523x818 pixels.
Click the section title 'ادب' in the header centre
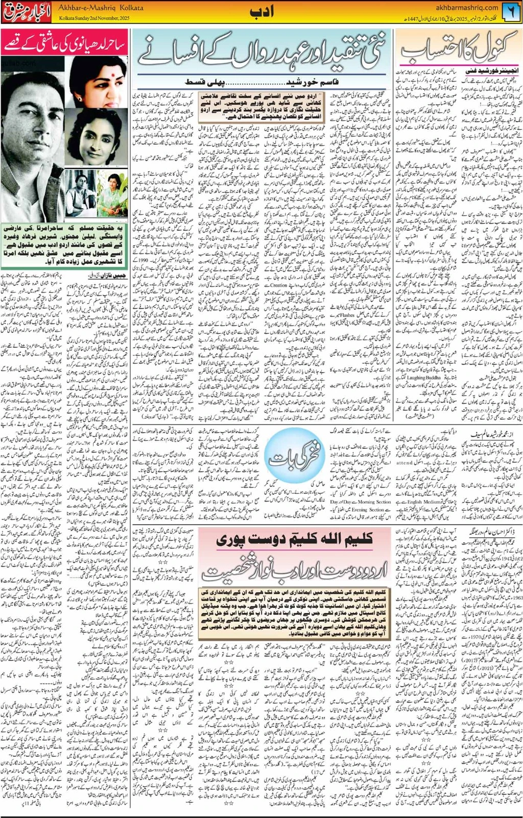(x=262, y=11)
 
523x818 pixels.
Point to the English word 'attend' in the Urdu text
(x=405, y=463)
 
